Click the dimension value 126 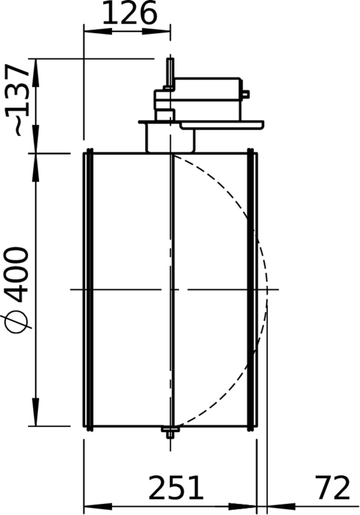129,13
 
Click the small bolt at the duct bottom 170,432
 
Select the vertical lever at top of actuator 170,73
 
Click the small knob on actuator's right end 246,94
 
